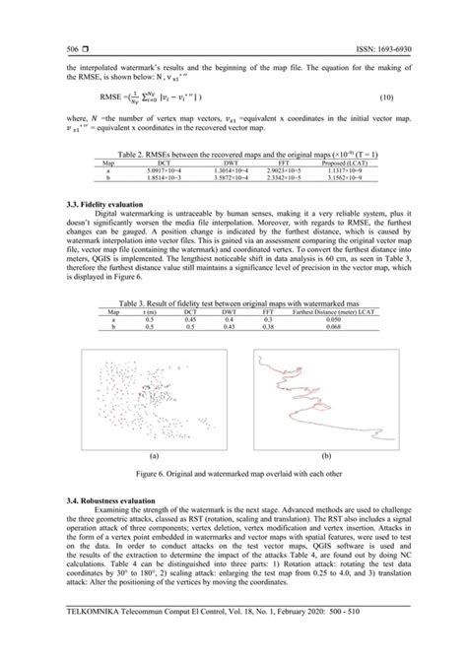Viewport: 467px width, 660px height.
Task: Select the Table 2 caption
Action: coord(233,156)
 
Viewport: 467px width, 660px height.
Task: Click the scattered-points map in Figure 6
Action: coord(153,394)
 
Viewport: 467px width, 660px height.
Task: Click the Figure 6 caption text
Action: coord(233,474)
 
